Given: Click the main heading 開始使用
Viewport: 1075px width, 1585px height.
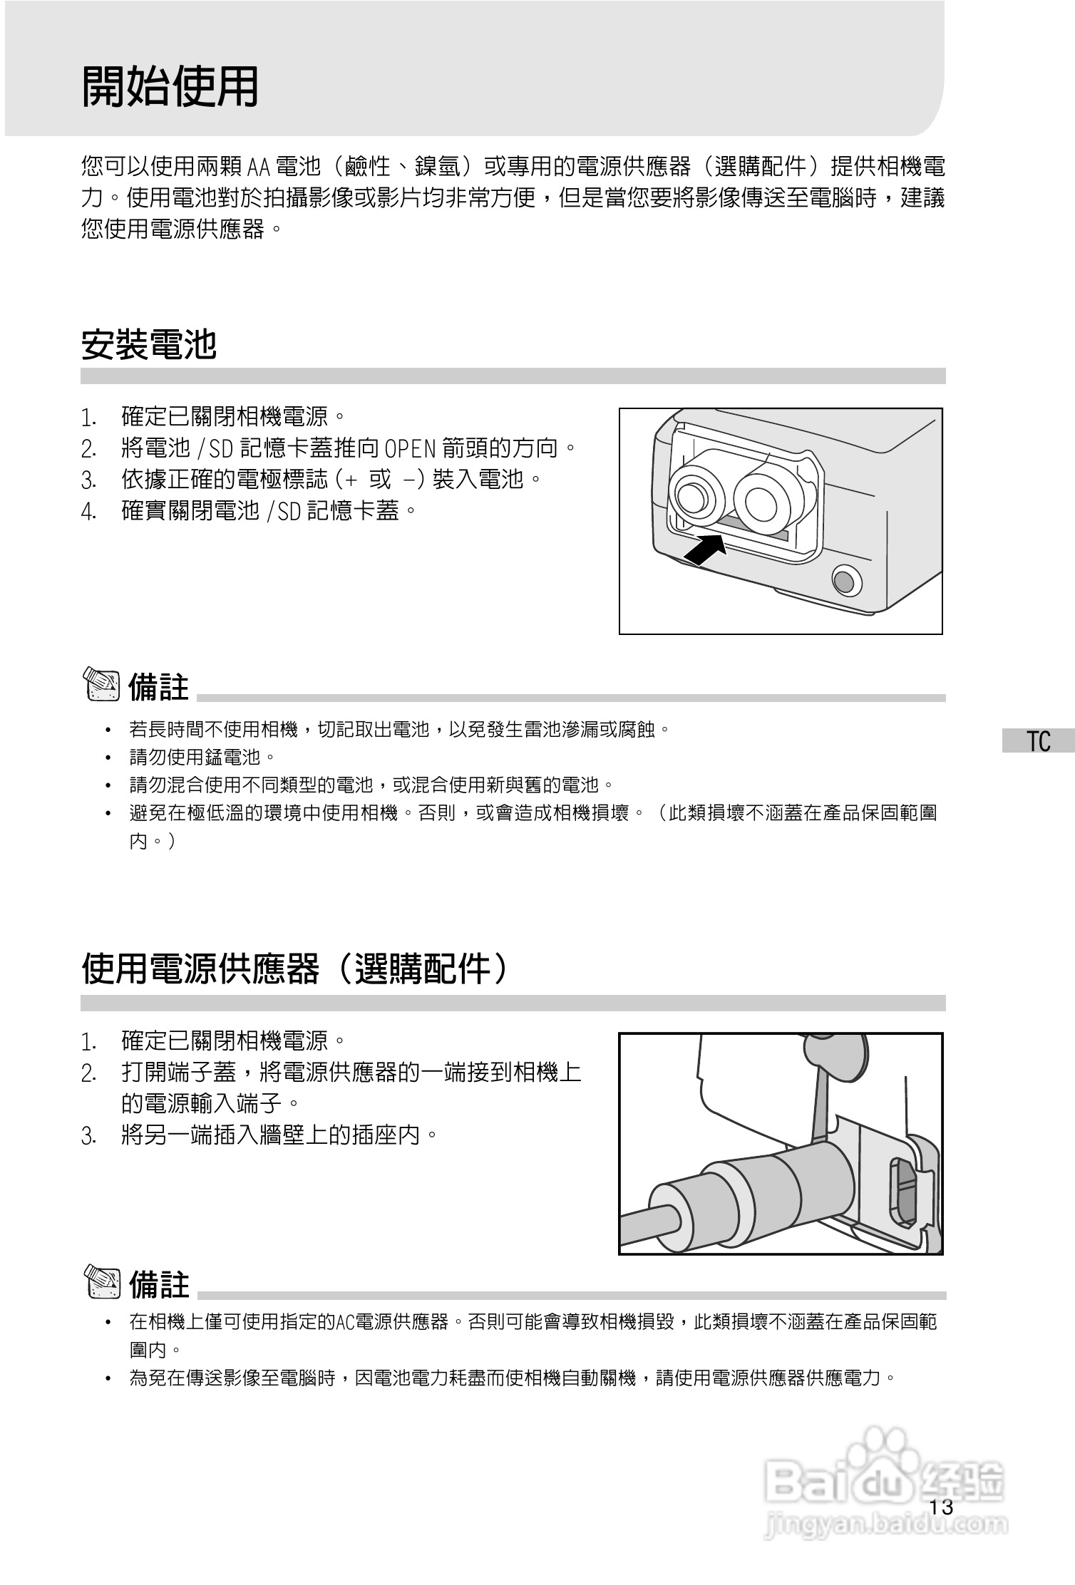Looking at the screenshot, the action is tap(170, 87).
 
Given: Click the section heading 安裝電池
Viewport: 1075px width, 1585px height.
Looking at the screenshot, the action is tap(149, 345).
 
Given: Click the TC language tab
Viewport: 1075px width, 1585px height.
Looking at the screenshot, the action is tap(1039, 741).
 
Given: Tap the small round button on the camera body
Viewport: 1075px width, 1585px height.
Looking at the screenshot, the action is tap(846, 580).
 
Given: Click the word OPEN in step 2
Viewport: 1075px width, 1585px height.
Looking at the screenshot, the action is tap(410, 449).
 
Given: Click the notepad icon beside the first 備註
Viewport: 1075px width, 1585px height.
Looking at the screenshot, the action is tap(103, 684).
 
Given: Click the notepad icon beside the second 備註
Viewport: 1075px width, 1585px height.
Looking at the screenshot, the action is tap(103, 1283).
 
